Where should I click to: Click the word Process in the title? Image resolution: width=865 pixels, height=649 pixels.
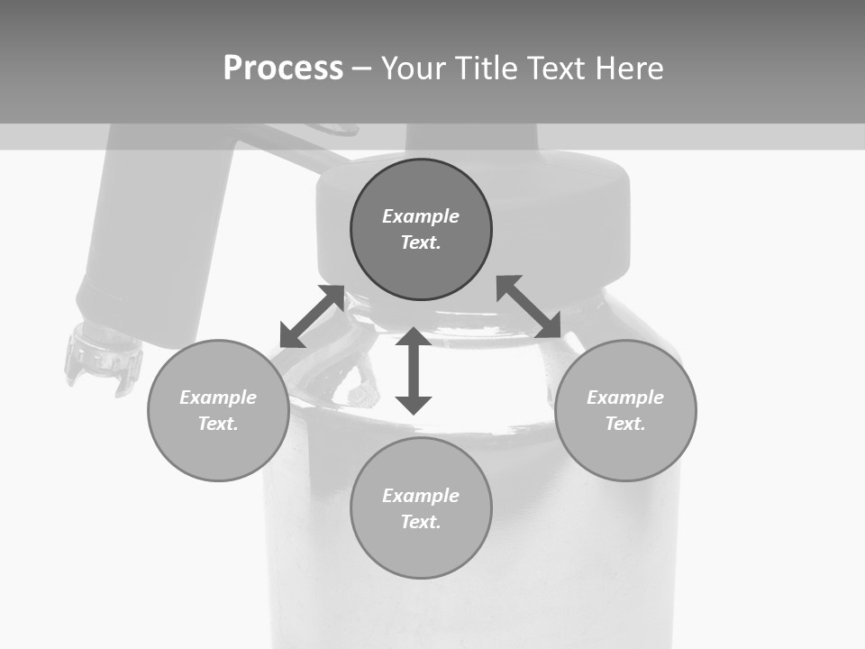tap(283, 69)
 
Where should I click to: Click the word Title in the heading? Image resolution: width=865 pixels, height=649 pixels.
tap(485, 69)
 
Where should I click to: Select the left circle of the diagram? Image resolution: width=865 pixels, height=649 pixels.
tap(218, 451)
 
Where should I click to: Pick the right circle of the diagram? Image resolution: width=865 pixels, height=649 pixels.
tap(625, 451)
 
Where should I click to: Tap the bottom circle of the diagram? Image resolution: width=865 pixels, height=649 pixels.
tap(421, 550)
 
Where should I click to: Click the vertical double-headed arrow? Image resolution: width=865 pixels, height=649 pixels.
tap(414, 370)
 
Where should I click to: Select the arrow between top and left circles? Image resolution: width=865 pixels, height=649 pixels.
tap(312, 316)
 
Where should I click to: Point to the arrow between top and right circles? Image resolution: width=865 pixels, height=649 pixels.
tap(529, 306)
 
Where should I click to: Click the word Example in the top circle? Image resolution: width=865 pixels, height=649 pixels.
tap(421, 216)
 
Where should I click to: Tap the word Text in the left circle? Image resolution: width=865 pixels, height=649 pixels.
tap(218, 424)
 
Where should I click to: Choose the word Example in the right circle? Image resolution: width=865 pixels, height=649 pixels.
tap(625, 398)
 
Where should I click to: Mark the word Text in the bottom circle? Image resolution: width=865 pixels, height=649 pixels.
tap(421, 522)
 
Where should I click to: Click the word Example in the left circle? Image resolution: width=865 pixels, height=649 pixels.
tap(218, 398)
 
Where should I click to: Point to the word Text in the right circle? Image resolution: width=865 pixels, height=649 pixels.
tap(625, 424)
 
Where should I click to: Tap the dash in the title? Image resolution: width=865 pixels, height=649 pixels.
tap(362, 69)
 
